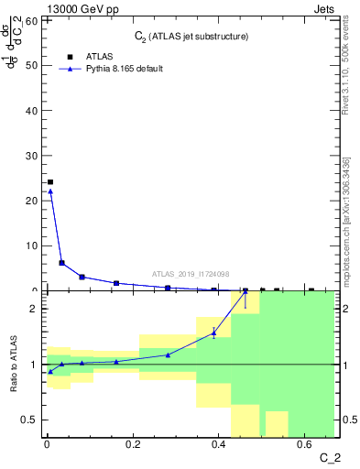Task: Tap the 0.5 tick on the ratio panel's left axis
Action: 29,420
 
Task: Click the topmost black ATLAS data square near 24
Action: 50,182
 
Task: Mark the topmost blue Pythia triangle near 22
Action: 50,191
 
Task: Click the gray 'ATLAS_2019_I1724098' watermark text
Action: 191,273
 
